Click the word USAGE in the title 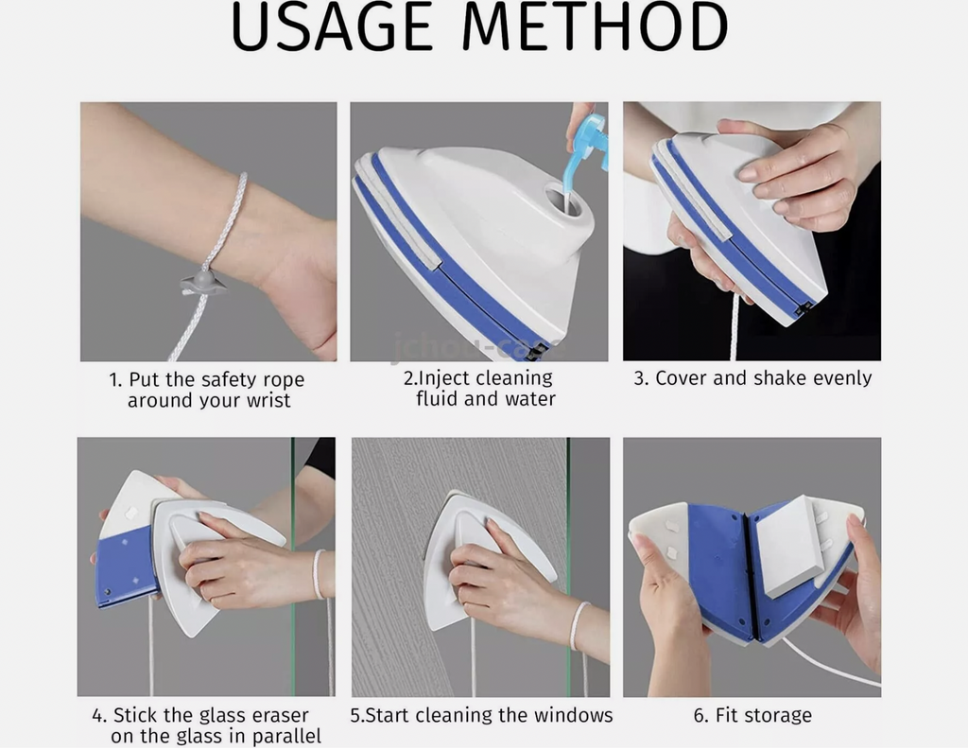pyautogui.click(x=332, y=27)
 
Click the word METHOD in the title pyautogui.click(x=596, y=27)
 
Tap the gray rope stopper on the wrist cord pyautogui.click(x=203, y=282)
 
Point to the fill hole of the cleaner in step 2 pyautogui.click(x=563, y=200)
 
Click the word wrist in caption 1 pyautogui.click(x=268, y=401)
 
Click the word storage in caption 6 pyautogui.click(x=779, y=716)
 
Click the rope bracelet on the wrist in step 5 pyautogui.click(x=579, y=625)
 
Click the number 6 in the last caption pyautogui.click(x=700, y=715)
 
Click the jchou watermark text pyautogui.click(x=476, y=348)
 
